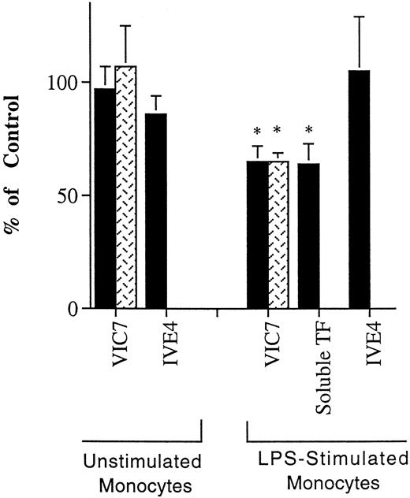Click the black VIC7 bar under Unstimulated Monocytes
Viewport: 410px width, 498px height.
coord(103,197)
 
